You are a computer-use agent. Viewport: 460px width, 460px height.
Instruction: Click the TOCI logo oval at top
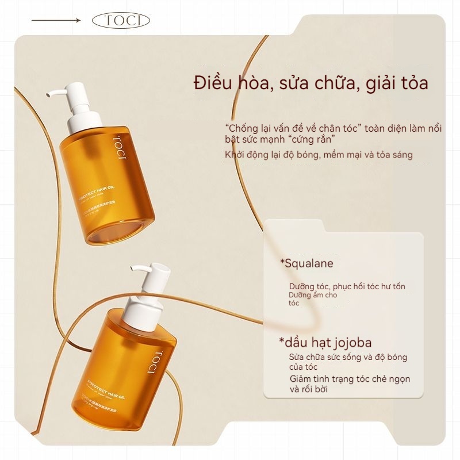121,21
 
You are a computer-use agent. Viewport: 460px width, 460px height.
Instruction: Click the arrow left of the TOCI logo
56,21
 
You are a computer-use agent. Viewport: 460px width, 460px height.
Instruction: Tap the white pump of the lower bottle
151,287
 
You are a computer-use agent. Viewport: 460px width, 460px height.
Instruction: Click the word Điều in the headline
214,83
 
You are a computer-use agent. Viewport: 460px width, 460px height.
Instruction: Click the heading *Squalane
306,263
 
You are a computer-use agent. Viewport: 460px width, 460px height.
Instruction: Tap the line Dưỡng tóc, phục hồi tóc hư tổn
351,286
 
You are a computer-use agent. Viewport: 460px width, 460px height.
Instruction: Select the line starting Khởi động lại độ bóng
319,155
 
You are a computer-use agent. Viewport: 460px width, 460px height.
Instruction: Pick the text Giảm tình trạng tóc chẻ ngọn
350,379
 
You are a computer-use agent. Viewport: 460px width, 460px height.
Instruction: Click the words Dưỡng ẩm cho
313,295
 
